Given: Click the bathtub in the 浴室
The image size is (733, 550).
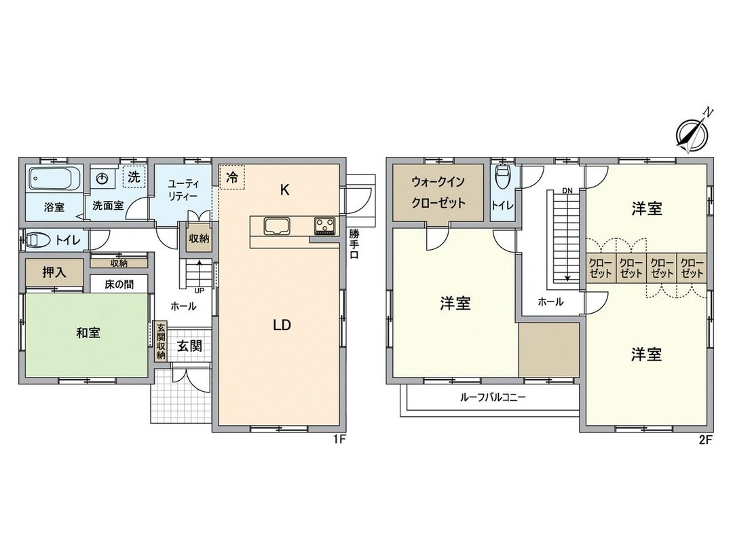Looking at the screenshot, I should [54, 180].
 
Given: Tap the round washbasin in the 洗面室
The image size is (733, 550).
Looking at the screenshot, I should [102, 179].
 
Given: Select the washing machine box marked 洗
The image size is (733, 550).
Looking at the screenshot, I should [134, 177].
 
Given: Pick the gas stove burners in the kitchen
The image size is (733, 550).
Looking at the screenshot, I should [324, 225].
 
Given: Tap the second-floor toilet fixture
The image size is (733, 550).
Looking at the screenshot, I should [503, 179].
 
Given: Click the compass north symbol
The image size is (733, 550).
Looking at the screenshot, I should [692, 134].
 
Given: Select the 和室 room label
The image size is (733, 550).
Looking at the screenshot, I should [88, 333].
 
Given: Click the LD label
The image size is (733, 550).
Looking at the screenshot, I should [282, 325].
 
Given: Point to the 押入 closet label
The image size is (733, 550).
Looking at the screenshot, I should [54, 273].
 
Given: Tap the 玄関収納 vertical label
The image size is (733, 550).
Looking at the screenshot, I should [161, 342].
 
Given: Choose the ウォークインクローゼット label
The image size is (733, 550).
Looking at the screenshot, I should [438, 192].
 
